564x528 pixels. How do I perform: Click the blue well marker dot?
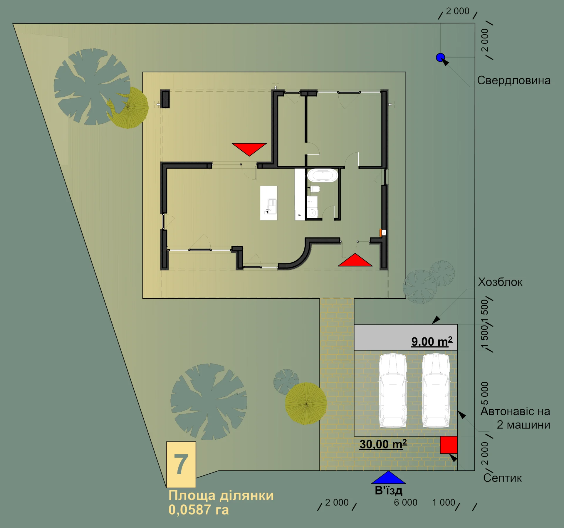pyautogui.click(x=440, y=58)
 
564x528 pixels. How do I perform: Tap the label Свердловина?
pyautogui.click(x=514, y=80)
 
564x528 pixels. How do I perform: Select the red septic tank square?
pyautogui.click(x=449, y=445)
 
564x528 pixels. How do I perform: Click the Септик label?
pyautogui.click(x=503, y=478)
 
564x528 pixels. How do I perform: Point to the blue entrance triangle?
pyautogui.click(x=388, y=477)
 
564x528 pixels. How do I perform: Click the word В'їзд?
pyautogui.click(x=389, y=490)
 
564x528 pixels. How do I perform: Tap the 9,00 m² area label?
pyautogui.click(x=432, y=342)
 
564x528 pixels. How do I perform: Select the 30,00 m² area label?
pyautogui.click(x=383, y=444)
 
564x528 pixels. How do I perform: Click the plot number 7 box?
pyautogui.click(x=181, y=465)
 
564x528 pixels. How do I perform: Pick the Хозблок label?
pyautogui.click(x=500, y=282)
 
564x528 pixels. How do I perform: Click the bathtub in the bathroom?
pyautogui.click(x=323, y=175)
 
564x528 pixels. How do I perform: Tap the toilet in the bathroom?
pyautogui.click(x=315, y=189)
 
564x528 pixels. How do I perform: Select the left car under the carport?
pyautogui.click(x=393, y=390)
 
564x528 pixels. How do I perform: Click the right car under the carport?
pyautogui.click(x=436, y=390)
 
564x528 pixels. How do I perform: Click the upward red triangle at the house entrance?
pyautogui.click(x=355, y=260)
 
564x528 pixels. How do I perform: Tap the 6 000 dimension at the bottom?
pyautogui.click(x=406, y=502)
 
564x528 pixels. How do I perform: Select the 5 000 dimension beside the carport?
pyautogui.click(x=485, y=393)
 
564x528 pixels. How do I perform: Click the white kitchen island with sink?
pyautogui.click(x=269, y=203)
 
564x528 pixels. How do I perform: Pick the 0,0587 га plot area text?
pyautogui.click(x=199, y=510)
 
